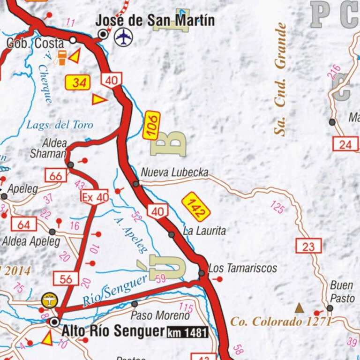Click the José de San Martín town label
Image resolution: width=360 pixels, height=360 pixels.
pos(155,21)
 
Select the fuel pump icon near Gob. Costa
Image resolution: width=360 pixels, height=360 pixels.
pos(61,57)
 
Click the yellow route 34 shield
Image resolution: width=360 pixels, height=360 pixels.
pos(78,83)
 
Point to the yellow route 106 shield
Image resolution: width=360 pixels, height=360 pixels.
pos(151,125)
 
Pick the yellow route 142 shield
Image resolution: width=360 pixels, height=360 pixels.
pos(196,206)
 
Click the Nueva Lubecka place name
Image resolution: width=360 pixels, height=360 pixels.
pos(174,172)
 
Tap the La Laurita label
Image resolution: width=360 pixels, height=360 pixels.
pos(204,231)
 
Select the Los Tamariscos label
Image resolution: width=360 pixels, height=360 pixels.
pos(242,268)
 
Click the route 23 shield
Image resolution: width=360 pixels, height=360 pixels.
pos(308,246)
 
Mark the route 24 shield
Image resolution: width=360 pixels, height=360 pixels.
pos(345,144)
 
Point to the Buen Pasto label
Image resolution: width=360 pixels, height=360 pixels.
pos(342,291)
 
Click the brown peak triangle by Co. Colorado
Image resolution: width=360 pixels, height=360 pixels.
pos(299,308)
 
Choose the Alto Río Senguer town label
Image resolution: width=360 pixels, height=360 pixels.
pos(113,331)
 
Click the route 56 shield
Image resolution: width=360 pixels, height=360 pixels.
pos(66,279)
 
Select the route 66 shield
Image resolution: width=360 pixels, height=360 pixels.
pos(56,176)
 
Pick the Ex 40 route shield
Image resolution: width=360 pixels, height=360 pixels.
pos(95,197)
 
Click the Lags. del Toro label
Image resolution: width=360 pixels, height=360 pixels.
pos(60,125)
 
